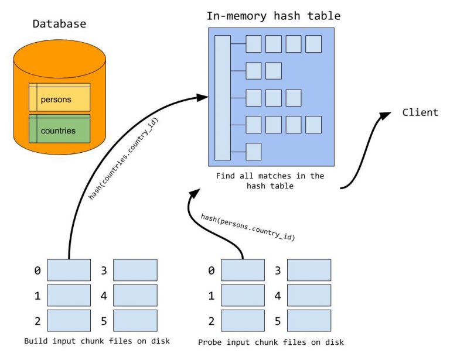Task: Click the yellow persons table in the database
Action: (59, 98)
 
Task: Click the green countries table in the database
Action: (59, 129)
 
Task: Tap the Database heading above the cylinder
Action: (59, 24)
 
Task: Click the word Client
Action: (420, 112)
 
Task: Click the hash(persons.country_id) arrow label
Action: (247, 227)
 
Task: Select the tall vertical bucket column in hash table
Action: (223, 97)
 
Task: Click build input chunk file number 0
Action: (69, 270)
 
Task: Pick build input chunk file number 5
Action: (135, 321)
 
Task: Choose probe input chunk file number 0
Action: (243, 270)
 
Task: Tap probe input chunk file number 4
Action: (309, 296)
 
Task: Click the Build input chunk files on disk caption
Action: (97, 340)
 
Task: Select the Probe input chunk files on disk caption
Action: (271, 341)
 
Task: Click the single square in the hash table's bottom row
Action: (253, 151)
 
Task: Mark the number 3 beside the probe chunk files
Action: (278, 270)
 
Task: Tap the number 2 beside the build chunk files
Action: (37, 321)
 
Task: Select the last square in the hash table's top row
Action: (313, 44)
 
